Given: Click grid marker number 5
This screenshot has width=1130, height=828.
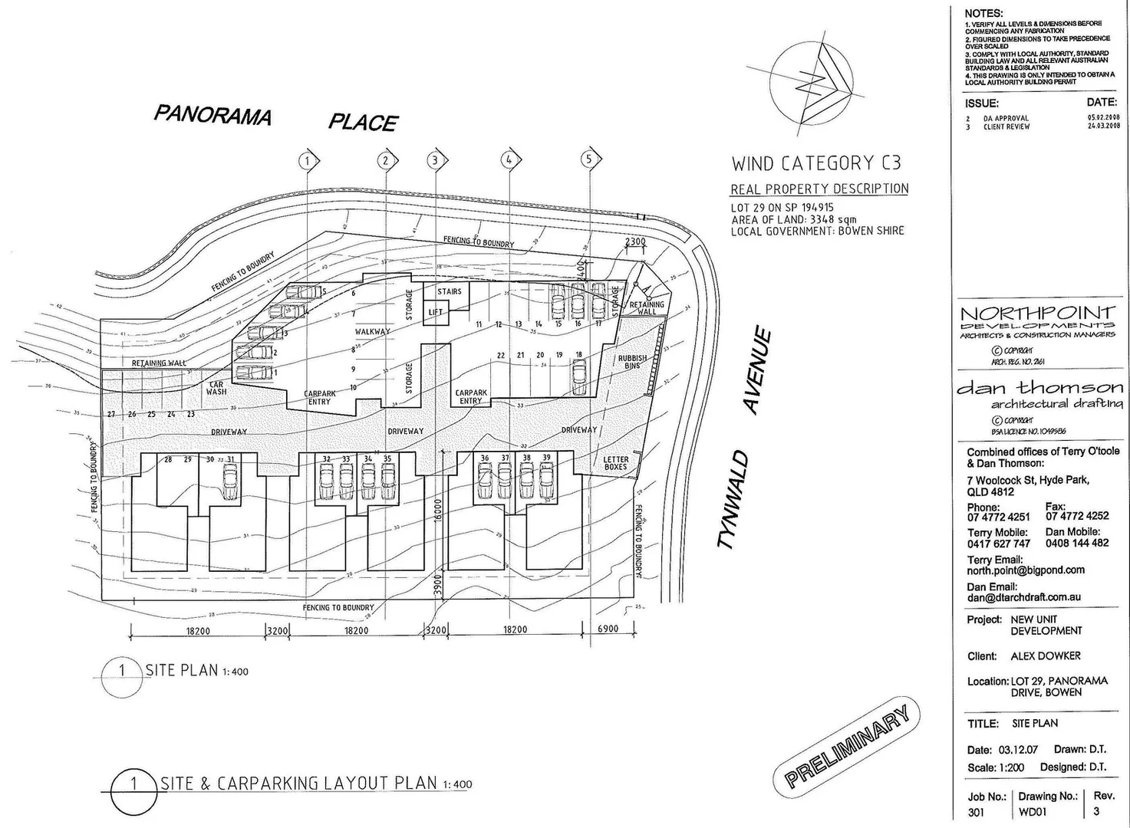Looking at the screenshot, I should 589,159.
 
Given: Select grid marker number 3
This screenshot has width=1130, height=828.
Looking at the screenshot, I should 435,159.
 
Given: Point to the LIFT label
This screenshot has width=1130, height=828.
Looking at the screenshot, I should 436,312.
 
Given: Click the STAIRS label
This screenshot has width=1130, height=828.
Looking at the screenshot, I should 450,291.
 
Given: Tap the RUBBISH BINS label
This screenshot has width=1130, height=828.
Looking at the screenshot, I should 633,362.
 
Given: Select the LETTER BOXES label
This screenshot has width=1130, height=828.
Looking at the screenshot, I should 616,463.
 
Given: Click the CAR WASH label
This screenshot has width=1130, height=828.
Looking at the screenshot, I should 216,387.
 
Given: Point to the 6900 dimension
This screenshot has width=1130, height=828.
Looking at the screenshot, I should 608,629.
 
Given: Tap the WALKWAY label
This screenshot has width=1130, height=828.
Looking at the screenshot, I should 372,331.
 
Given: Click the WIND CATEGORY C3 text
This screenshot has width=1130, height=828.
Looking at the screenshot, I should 815,163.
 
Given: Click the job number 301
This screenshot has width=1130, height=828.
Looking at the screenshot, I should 977,812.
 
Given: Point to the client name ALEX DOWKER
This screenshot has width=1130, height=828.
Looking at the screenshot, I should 1046,656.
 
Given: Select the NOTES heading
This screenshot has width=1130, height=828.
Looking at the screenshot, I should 983,13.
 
